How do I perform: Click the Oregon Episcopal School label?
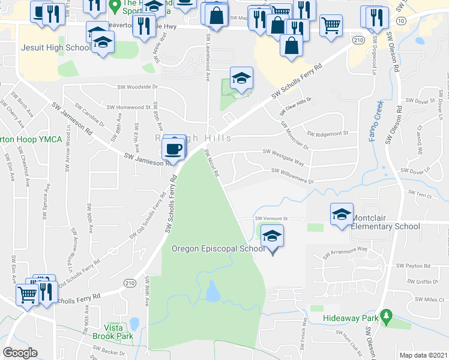click(218, 248)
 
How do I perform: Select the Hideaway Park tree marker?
click(387, 315)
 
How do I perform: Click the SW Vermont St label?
click(272, 219)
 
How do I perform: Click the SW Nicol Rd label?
click(212, 163)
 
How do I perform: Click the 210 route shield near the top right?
click(359, 40)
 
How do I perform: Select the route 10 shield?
click(401, 20)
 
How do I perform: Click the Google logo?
click(20, 352)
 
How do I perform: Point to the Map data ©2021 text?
click(423, 355)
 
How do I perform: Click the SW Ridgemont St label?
click(327, 133)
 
